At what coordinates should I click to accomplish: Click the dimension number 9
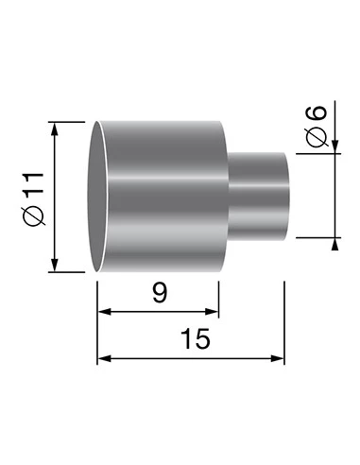tap(159, 293)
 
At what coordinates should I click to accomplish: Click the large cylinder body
tap(165, 198)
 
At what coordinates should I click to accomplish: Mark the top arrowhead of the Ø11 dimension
tap(57, 129)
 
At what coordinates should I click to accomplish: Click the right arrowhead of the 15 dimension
tap(278, 358)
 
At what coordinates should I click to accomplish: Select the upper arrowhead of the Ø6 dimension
tap(335, 143)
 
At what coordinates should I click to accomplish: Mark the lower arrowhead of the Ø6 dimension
tap(335, 244)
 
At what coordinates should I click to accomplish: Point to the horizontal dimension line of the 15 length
tap(189, 358)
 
